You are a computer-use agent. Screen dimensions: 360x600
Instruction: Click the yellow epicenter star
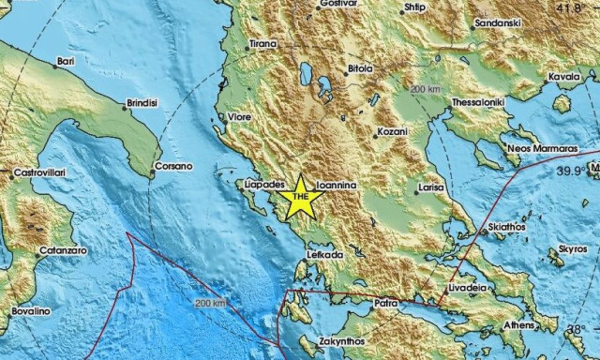[301, 198]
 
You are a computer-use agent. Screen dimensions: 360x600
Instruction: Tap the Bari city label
[66, 61]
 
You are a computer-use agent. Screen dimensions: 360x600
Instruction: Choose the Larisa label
[431, 188]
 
